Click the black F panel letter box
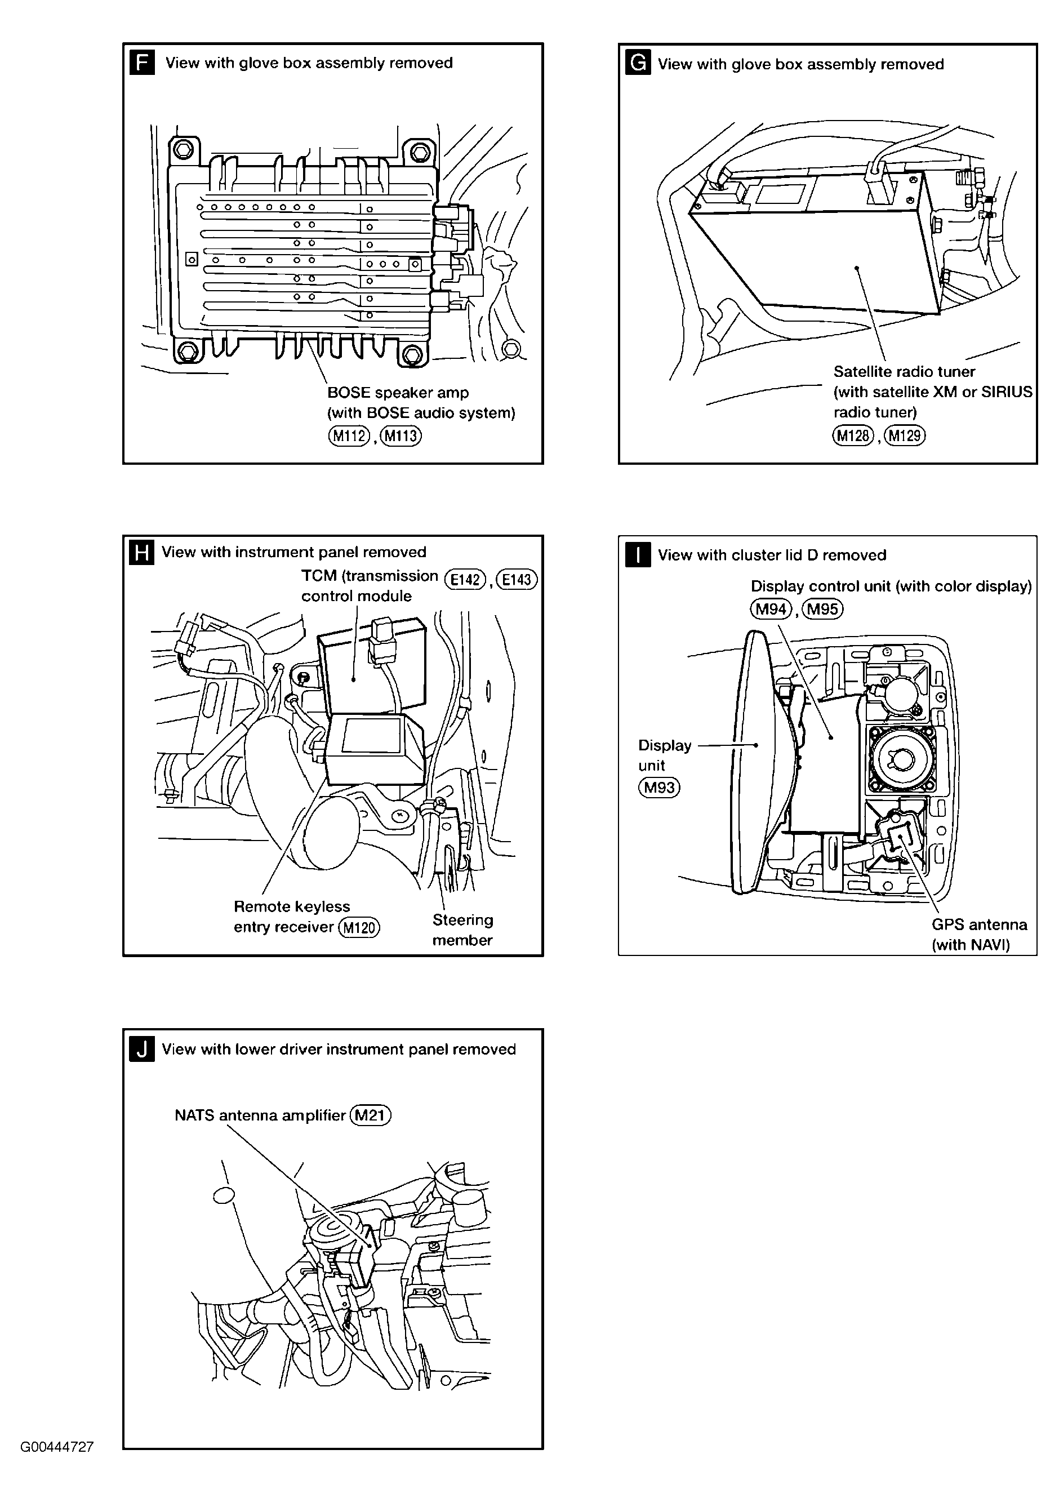click(142, 63)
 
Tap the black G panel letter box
click(638, 63)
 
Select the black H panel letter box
click(142, 552)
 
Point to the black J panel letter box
click(142, 1050)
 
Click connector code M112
click(349, 435)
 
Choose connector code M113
click(401, 435)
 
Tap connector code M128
click(853, 435)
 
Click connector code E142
click(465, 579)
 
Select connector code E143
click(517, 579)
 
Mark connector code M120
click(359, 927)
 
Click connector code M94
click(771, 609)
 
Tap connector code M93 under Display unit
click(658, 788)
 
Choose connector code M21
click(371, 1115)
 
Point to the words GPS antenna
click(979, 924)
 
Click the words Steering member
click(462, 930)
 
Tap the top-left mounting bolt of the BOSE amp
click(183, 150)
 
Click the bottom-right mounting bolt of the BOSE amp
click(412, 355)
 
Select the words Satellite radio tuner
click(904, 372)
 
